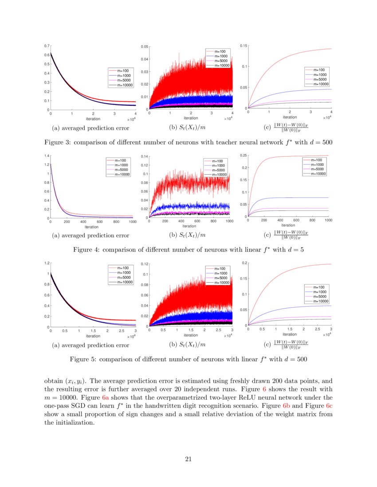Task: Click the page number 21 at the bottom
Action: [188, 459]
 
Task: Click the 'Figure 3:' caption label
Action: [58, 143]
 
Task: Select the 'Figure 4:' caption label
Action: [86, 250]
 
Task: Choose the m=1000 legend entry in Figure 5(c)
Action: [318, 292]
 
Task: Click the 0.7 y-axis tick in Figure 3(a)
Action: [47, 46]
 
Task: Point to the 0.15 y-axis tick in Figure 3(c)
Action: [243, 46]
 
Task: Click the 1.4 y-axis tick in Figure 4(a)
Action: [47, 156]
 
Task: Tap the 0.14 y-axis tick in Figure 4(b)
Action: [143, 157]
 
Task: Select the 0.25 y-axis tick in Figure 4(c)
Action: [243, 155]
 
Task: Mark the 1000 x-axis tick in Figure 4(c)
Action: [328, 220]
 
